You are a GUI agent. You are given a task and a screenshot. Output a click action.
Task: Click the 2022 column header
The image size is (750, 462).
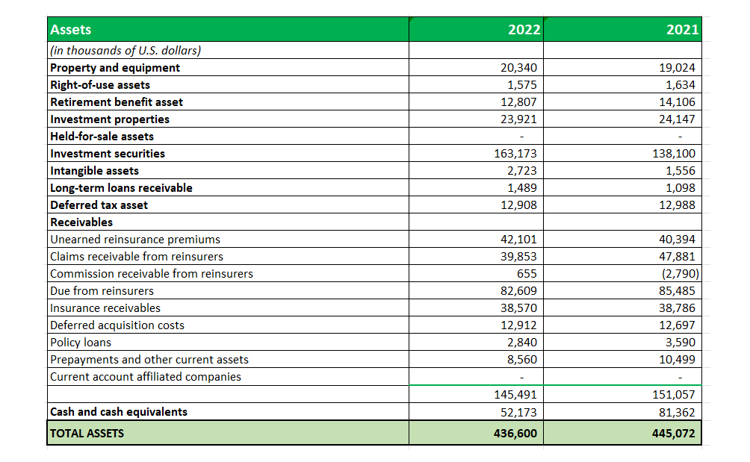pyautogui.click(x=524, y=30)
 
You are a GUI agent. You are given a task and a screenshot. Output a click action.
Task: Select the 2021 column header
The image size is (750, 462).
pyautogui.click(x=683, y=30)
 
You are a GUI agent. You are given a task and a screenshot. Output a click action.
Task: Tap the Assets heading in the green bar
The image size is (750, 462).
pyautogui.click(x=71, y=30)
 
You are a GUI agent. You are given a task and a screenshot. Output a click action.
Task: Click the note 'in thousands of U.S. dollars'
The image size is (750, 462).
pyautogui.click(x=125, y=51)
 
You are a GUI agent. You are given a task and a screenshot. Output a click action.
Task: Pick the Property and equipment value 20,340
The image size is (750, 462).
pyautogui.click(x=518, y=68)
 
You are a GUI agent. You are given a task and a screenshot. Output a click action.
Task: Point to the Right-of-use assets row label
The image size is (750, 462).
pyautogui.click(x=100, y=85)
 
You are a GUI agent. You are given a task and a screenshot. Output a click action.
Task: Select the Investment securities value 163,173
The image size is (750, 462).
pyautogui.click(x=515, y=153)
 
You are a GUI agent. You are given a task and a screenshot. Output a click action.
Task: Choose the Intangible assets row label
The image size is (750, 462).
pyautogui.click(x=94, y=171)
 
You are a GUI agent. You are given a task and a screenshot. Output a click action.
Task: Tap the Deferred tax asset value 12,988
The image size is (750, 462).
pyautogui.click(x=677, y=205)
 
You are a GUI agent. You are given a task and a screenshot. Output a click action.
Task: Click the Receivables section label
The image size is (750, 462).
pyautogui.click(x=81, y=222)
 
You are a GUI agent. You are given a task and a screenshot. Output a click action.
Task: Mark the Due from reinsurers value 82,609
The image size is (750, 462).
pyautogui.click(x=518, y=291)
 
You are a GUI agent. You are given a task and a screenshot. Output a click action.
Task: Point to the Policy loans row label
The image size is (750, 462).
pyautogui.click(x=81, y=343)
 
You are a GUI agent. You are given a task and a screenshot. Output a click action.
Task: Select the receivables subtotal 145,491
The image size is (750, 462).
pyautogui.click(x=515, y=395)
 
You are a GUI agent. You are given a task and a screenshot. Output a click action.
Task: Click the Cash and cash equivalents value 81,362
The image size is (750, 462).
pyautogui.click(x=677, y=412)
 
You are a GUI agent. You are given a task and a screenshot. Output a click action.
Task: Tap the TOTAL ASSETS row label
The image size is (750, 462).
pyautogui.click(x=87, y=434)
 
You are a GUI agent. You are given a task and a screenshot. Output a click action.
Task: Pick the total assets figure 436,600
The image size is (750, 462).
pyautogui.click(x=515, y=434)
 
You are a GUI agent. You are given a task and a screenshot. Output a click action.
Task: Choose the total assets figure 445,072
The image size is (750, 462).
pyautogui.click(x=674, y=434)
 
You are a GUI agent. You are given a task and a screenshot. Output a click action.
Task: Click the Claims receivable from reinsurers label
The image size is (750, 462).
pyautogui.click(x=136, y=257)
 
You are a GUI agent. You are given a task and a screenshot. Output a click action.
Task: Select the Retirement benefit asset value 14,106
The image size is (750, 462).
pyautogui.click(x=677, y=102)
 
